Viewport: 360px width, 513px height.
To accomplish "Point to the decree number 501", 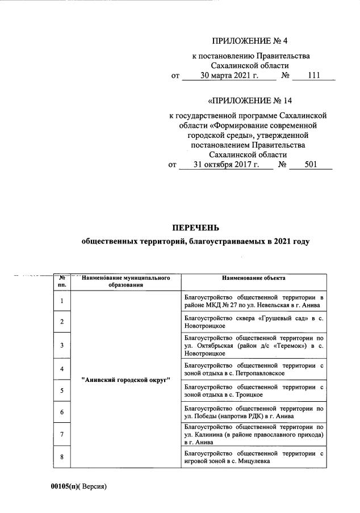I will [x=310, y=165].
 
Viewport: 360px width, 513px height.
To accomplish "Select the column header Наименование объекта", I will [x=253, y=278].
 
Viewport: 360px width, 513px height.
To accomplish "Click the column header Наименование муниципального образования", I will [x=126, y=281].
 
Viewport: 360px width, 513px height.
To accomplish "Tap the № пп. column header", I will [x=62, y=281].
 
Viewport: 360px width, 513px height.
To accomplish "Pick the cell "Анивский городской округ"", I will [x=126, y=379].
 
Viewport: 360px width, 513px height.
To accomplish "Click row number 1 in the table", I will [x=62, y=301].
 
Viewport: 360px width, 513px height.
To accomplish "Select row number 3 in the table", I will [x=62, y=345].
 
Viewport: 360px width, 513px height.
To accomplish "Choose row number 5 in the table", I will [x=62, y=390].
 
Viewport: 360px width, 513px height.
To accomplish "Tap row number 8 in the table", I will [x=62, y=457].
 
